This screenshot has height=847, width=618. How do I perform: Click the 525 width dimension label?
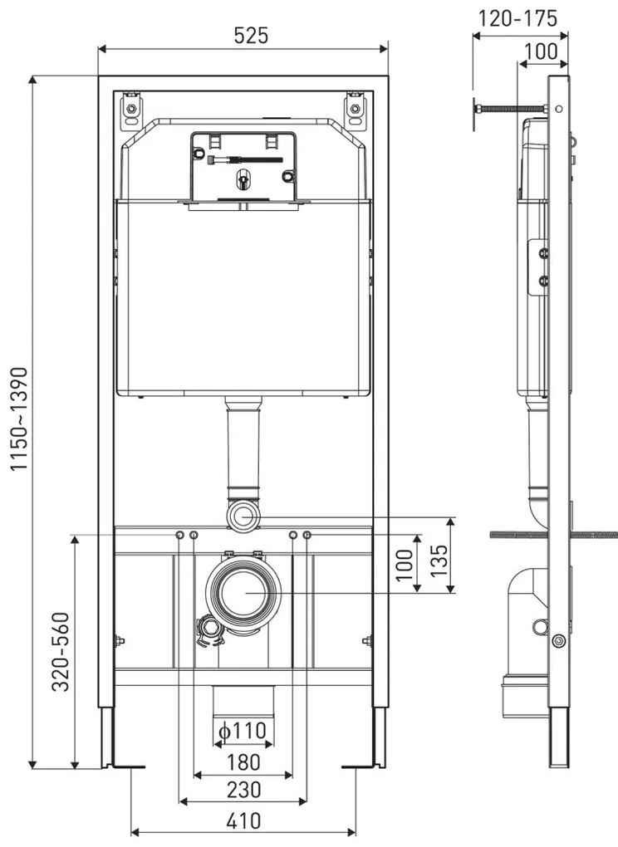[251, 36]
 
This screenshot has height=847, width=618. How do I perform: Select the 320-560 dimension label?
[61, 652]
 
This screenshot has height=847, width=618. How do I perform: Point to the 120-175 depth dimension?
[517, 18]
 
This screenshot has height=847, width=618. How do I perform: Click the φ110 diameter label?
[243, 731]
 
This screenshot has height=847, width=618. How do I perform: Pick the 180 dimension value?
[243, 762]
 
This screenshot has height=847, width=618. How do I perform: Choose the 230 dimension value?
[243, 789]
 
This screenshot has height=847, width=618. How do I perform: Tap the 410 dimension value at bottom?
[243, 821]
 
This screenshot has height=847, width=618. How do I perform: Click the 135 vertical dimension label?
[439, 561]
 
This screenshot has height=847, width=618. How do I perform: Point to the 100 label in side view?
[541, 51]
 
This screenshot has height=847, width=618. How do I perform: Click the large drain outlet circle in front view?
[243, 593]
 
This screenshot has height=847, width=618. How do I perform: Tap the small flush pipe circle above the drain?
[243, 516]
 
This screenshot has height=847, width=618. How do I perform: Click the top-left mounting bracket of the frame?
[130, 110]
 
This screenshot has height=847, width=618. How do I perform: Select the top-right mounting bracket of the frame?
[356, 110]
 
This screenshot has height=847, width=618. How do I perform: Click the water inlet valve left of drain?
[210, 630]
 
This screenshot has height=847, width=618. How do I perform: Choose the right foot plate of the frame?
[363, 766]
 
